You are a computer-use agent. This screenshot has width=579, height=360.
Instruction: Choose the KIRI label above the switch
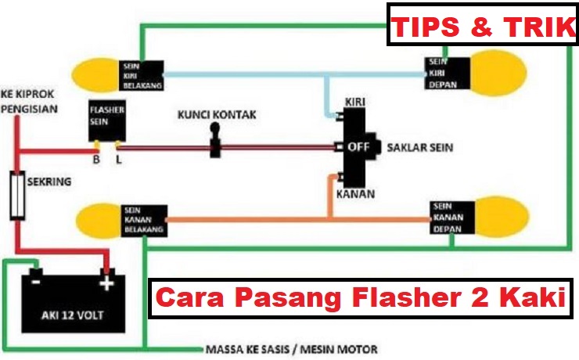click(354, 103)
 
